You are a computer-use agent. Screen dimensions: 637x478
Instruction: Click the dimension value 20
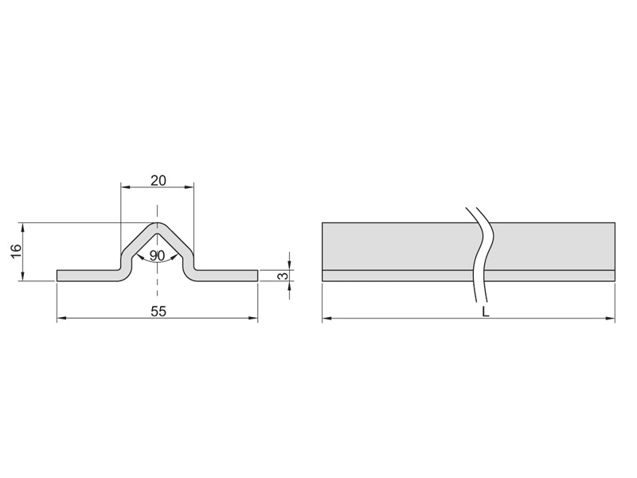pos(158,180)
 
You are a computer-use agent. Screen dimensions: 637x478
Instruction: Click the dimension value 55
pos(158,311)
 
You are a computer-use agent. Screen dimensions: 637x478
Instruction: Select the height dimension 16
pos(15,251)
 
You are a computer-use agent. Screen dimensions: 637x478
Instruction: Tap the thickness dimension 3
pos(284,276)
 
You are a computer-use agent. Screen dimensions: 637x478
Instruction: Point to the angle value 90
pos(157,256)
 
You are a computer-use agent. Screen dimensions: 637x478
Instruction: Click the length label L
pos(485,311)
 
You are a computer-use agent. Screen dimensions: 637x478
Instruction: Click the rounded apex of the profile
pos(158,225)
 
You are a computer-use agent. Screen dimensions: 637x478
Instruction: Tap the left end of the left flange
pos(57,275)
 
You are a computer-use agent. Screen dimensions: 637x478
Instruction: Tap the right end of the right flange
pos(257,275)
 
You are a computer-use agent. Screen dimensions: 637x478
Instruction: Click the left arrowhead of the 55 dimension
pos(61,319)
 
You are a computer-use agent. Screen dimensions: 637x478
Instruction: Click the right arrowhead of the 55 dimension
pos(253,319)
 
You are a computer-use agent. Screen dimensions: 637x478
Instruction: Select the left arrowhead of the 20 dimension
pos(126,187)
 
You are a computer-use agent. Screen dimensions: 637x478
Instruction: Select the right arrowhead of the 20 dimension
pos(189,187)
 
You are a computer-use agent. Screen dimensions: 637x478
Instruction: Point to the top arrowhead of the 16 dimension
pos(22,227)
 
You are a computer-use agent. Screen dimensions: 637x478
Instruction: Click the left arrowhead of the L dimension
pos(327,319)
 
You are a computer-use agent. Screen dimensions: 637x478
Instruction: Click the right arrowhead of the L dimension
pos(610,319)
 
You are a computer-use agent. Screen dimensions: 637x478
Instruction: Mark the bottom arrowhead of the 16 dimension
pos(22,276)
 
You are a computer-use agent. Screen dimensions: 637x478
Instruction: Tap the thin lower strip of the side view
pos(468,276)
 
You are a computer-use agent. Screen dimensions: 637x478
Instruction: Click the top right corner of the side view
pos(615,223)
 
